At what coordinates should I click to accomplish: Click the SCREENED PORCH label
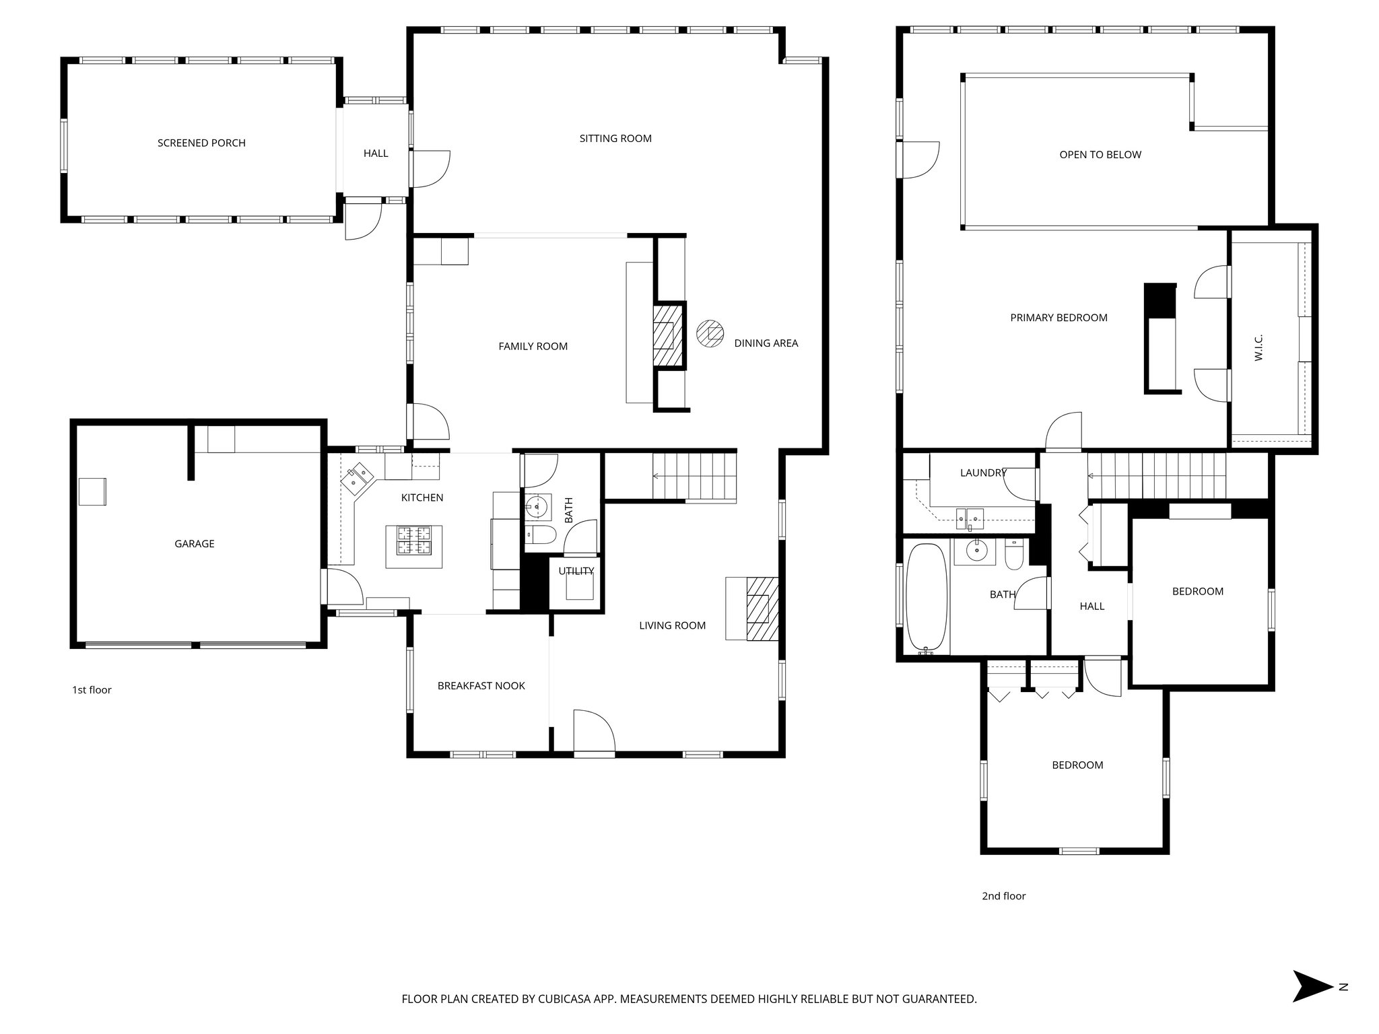coord(201,143)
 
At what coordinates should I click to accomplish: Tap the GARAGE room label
coord(195,543)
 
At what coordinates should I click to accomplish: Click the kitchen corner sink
coord(358,477)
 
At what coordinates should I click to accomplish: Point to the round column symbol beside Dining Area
coord(710,333)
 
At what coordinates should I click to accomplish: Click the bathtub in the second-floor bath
coord(927,599)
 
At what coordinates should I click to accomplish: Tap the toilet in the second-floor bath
coord(1014,553)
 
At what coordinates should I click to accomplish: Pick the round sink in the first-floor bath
coord(537,506)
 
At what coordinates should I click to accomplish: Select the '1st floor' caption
coord(92,689)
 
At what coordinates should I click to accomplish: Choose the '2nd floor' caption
coord(1003,895)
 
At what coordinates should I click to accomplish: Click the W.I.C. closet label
coord(1258,347)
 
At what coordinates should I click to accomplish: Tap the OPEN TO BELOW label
coord(1100,154)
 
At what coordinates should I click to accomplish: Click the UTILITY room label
coord(576,571)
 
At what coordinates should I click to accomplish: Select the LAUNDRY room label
coord(983,473)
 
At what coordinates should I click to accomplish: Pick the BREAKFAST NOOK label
coord(481,685)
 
